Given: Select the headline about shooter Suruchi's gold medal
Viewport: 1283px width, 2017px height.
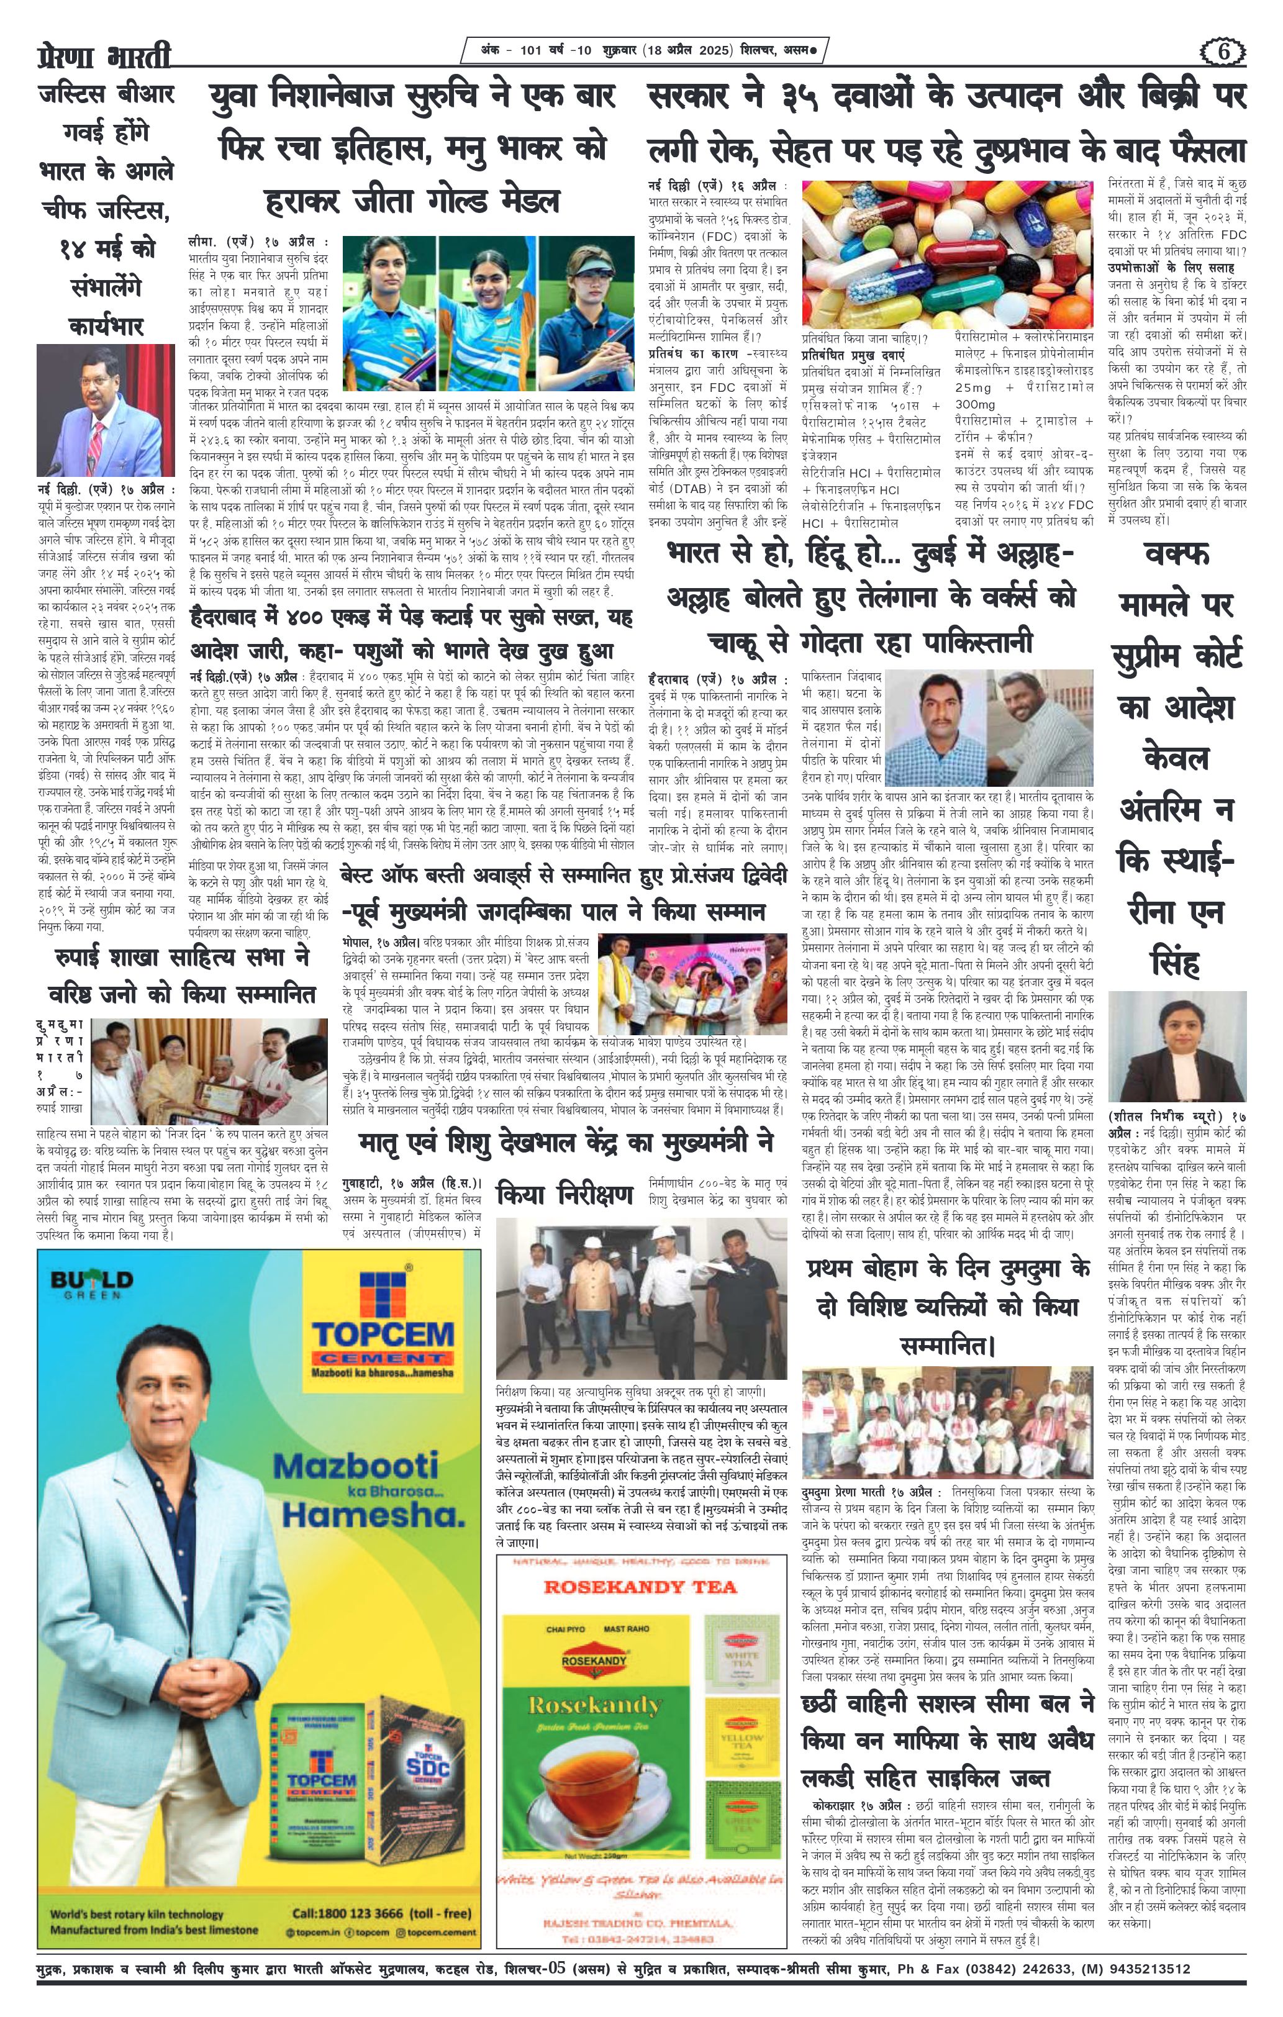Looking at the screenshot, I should [411, 149].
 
